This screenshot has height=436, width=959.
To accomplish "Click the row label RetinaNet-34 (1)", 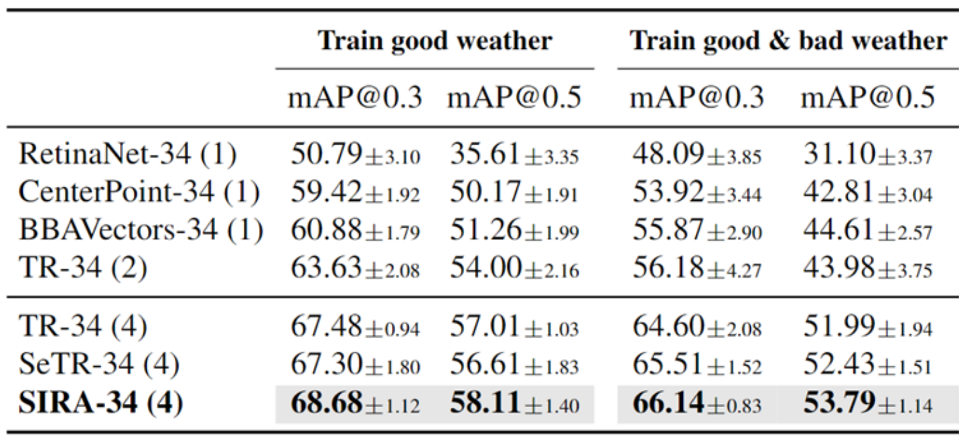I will [x=127, y=155].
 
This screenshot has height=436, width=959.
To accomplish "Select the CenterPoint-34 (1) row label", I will [x=139, y=192].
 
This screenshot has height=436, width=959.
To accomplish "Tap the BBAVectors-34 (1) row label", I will [x=141, y=230].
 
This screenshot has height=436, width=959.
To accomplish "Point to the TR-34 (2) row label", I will [x=83, y=267].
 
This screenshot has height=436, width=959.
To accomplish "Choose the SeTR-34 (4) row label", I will [x=98, y=364].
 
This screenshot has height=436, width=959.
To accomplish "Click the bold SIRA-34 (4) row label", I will [x=100, y=403].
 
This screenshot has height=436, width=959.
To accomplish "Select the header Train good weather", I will [x=435, y=41].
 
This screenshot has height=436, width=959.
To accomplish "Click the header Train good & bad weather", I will [x=788, y=41].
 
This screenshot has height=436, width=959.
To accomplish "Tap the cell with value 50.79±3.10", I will [x=355, y=155].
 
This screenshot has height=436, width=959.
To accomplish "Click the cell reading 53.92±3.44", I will [x=696, y=192].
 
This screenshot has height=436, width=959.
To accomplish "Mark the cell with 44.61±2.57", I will [x=867, y=230].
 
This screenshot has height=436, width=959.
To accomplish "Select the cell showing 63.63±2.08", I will [x=355, y=267].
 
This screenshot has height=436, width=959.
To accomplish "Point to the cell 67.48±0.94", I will [x=355, y=327].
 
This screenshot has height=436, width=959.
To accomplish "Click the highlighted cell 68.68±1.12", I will [x=355, y=403].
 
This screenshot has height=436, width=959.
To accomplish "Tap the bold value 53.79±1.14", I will [x=867, y=403].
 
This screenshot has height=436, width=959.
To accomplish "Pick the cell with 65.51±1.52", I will [x=696, y=364].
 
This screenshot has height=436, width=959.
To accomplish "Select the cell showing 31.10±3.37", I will [x=867, y=155].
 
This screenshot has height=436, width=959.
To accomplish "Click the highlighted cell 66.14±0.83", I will [x=696, y=403].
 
